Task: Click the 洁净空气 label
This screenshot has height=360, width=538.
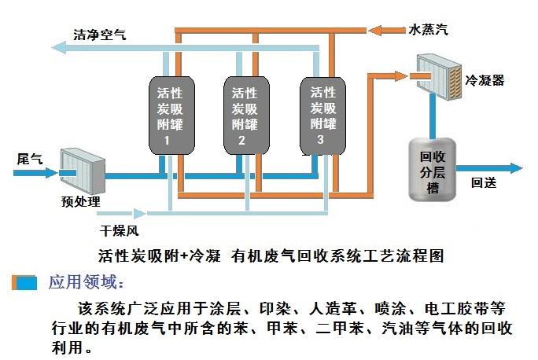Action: point(99,35)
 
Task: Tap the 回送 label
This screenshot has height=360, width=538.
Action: point(483,184)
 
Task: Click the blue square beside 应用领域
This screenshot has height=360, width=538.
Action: point(25,281)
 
